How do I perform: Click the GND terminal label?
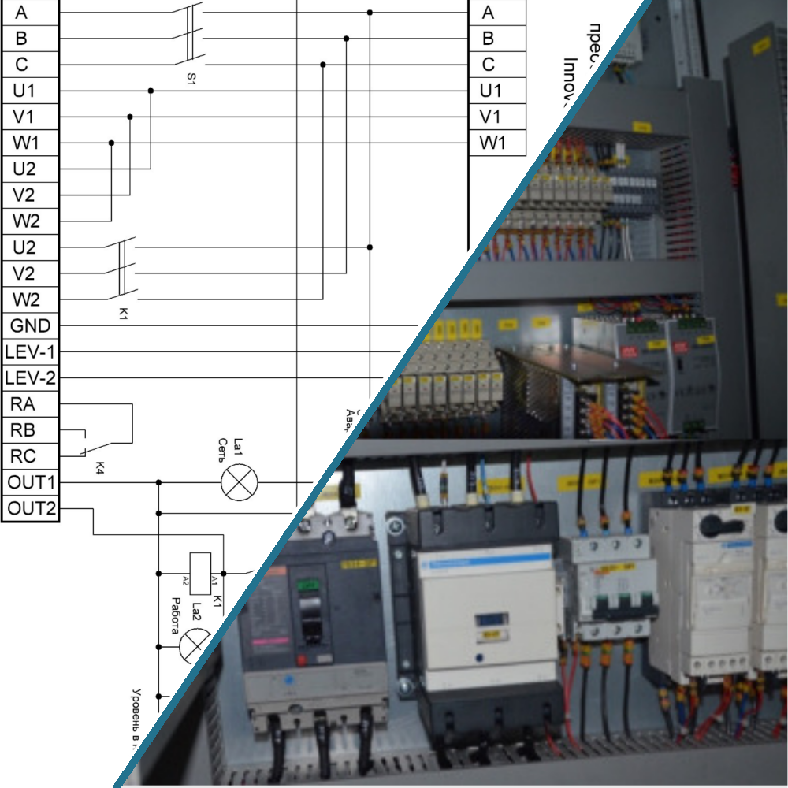(30, 325)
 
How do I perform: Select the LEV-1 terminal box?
(30, 351)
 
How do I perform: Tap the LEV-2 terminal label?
(30, 378)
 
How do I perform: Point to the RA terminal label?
(24, 404)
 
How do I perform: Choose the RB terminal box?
(24, 430)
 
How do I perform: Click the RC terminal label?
(24, 456)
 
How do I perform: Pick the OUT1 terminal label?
(30, 482)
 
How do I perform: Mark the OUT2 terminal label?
(30, 508)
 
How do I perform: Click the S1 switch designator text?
(191, 79)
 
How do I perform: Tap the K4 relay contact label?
(100, 468)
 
